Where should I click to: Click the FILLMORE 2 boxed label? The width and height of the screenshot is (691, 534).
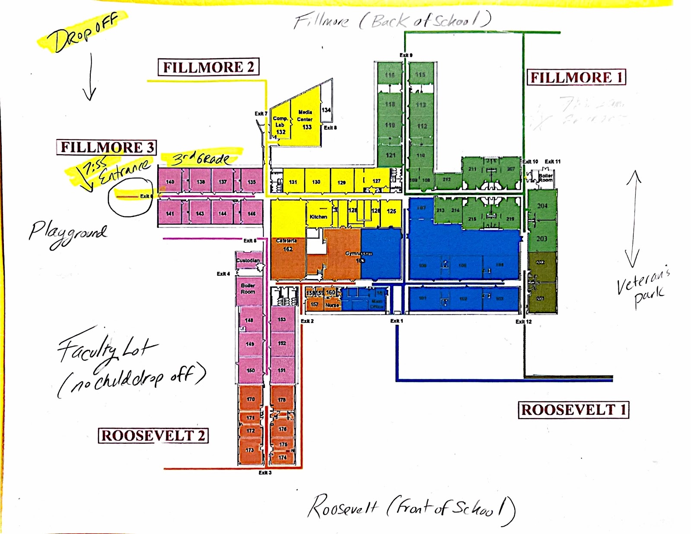click(209, 67)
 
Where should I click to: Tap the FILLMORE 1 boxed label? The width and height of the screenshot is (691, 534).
click(576, 77)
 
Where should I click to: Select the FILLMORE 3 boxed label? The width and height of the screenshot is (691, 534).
click(107, 147)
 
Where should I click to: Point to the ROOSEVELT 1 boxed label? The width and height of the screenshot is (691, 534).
click(573, 410)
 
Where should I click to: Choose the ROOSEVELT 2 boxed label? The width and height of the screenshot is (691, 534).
click(153, 435)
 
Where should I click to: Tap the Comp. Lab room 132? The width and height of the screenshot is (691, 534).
click(280, 125)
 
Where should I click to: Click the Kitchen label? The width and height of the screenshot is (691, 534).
click(318, 217)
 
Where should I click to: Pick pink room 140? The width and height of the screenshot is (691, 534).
click(170, 182)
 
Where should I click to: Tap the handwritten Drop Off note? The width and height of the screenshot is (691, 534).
click(82, 32)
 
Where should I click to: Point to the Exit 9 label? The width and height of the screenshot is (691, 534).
click(406, 55)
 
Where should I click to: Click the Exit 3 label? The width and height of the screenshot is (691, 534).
click(265, 473)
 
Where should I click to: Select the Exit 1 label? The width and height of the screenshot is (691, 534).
click(396, 321)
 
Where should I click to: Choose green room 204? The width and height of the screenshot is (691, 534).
click(542, 206)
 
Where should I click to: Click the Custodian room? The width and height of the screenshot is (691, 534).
click(248, 261)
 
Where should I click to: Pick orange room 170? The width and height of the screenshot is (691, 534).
click(250, 399)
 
